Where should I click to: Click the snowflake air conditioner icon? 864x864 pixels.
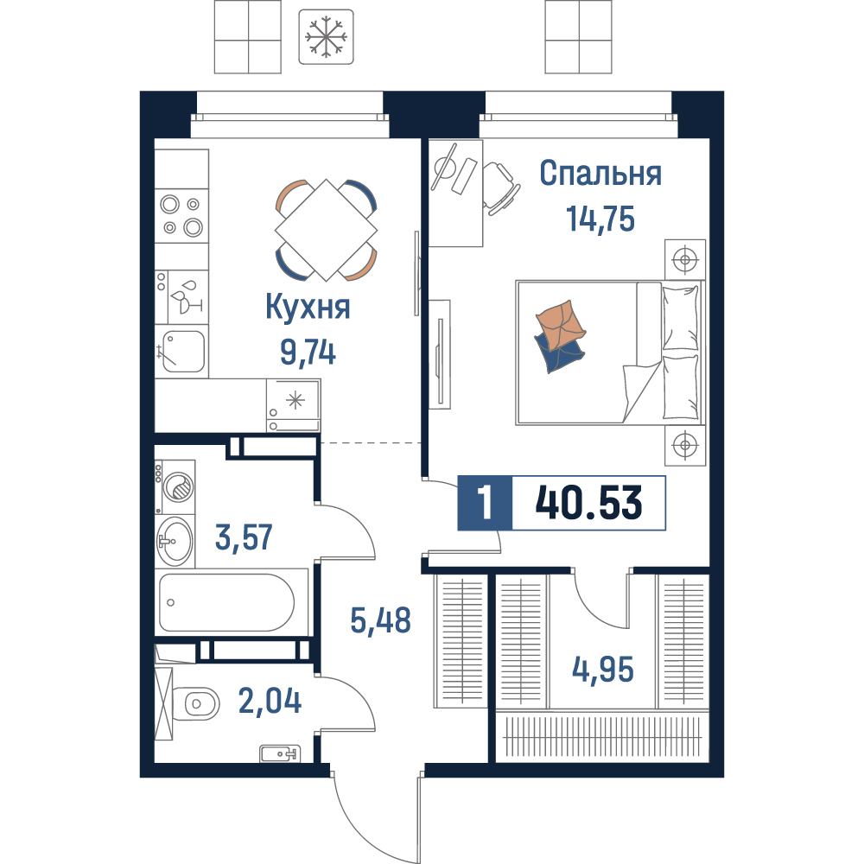click(x=326, y=37)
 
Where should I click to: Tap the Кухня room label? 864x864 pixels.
click(x=308, y=307)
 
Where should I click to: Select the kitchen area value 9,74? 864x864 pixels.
click(x=308, y=353)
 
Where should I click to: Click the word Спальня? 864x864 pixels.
click(x=600, y=173)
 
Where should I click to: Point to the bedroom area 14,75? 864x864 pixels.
click(x=600, y=219)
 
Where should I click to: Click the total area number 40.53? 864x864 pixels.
click(x=588, y=503)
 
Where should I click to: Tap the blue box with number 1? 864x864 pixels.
click(x=485, y=503)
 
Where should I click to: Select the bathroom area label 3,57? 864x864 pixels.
click(x=244, y=537)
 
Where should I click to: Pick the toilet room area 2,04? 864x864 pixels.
click(x=270, y=701)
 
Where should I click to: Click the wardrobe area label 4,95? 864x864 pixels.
click(x=603, y=670)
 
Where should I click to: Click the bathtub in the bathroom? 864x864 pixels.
click(x=226, y=602)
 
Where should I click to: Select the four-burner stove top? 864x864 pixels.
click(x=181, y=215)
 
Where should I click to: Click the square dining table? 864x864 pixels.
click(x=327, y=230)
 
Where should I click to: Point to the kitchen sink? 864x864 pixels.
click(x=183, y=351)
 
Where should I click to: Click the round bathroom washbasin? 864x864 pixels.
click(x=175, y=541)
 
